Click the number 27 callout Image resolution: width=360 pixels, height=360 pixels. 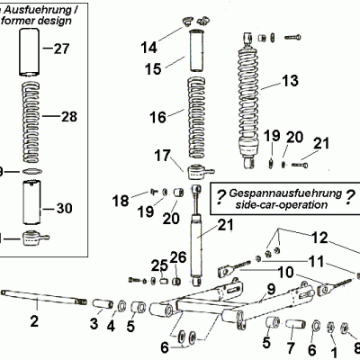[60, 49]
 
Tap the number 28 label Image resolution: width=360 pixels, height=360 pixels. [69, 116]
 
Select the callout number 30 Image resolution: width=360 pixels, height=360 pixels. [64, 209]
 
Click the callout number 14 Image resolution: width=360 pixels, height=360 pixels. [149, 45]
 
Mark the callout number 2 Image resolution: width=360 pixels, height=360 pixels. [35, 320]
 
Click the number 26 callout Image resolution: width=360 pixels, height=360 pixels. [177, 257]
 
